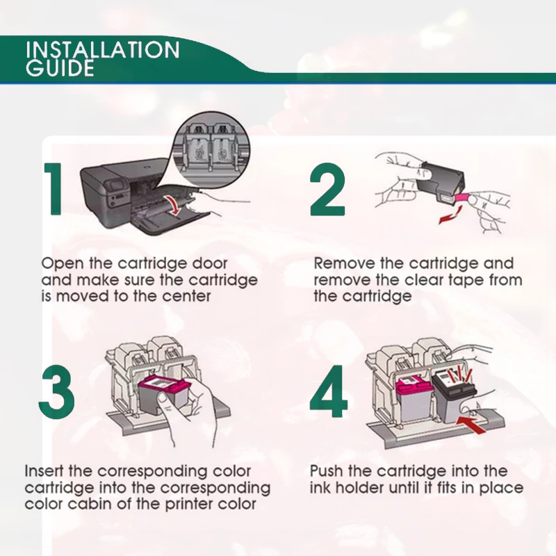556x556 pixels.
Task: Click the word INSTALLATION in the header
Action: point(102,49)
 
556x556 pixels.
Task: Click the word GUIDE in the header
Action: point(60,68)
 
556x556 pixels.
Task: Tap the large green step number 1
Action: point(54,189)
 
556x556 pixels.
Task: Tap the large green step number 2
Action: point(327,189)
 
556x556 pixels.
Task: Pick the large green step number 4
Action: point(328,392)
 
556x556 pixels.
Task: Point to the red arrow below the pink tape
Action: point(450,215)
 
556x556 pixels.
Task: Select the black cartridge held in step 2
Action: point(440,183)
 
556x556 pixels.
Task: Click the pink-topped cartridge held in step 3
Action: point(164,396)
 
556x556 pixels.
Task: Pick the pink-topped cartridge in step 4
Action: point(414,399)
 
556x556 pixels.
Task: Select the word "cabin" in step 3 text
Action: point(89,504)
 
